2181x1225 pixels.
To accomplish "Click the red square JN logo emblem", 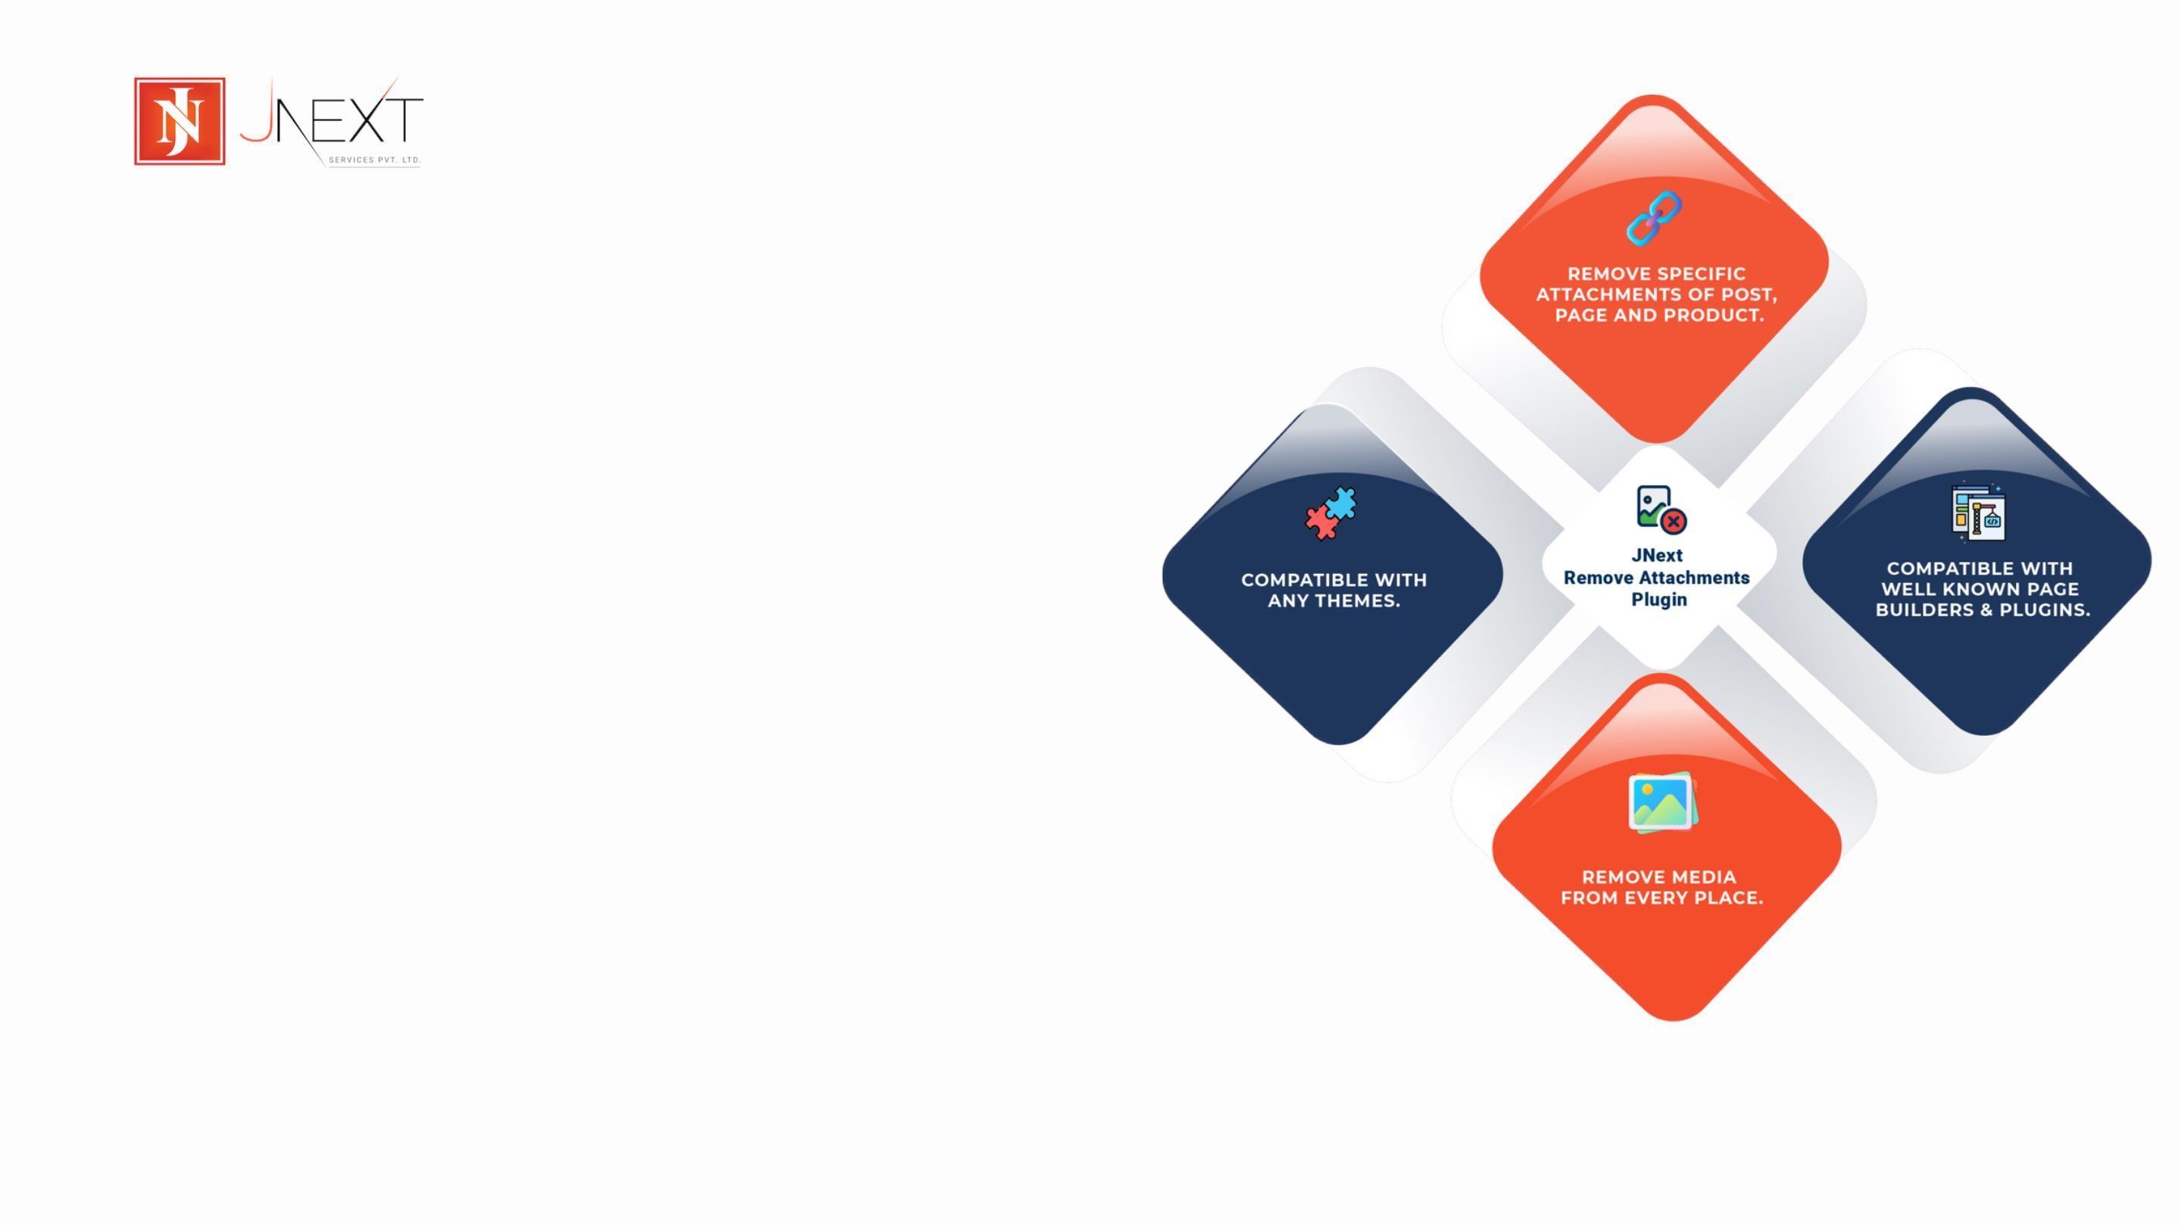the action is click(179, 121).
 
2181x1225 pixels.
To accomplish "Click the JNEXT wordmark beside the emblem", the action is click(331, 120).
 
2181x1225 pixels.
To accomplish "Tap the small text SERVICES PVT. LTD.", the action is click(374, 160).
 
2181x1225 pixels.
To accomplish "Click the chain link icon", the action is click(1653, 218).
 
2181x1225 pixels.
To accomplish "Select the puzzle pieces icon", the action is click(1330, 513).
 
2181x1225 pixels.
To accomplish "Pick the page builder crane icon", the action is click(1978, 511).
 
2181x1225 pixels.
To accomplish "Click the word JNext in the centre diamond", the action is click(1657, 556).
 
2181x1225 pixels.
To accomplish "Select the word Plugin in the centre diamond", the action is click(1659, 600).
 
